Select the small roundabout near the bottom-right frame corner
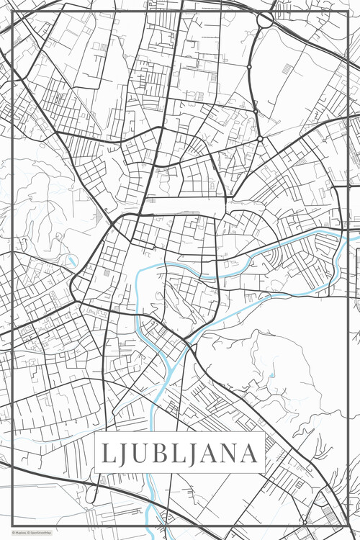pyautogui.click(x=305, y=521)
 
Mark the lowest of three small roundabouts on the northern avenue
pyautogui.click(x=259, y=138)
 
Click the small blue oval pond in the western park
pyautogui.click(x=72, y=260)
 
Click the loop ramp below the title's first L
pyautogui.click(x=91, y=495)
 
